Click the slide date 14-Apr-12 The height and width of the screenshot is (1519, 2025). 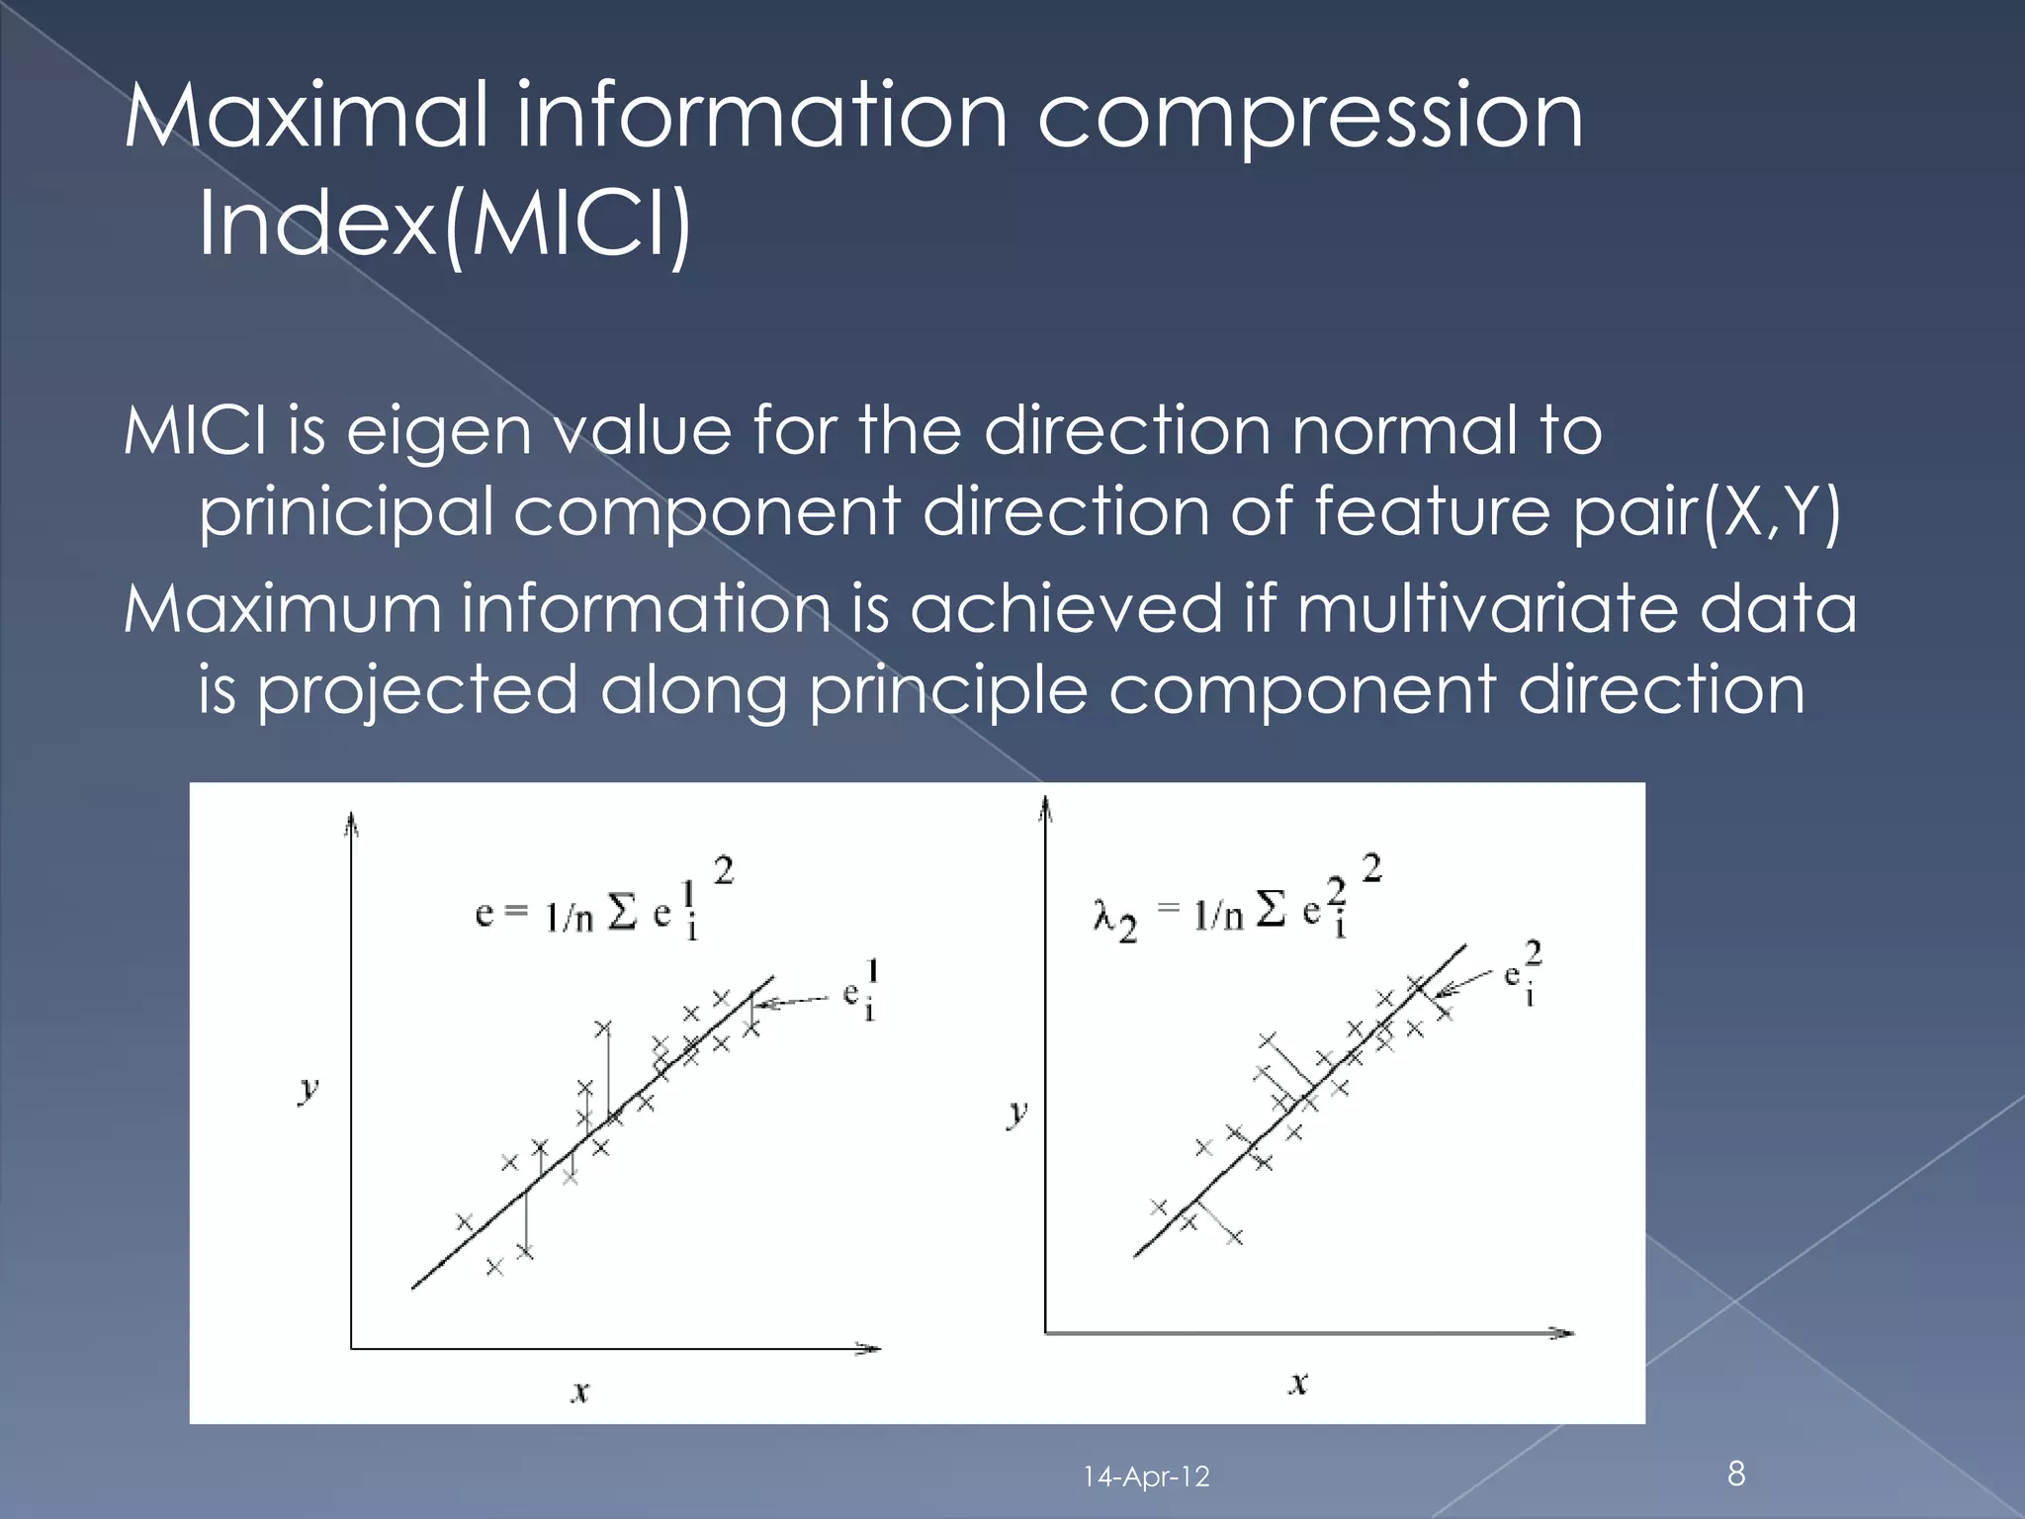(1146, 1477)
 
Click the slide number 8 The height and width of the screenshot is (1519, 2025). (1736, 1474)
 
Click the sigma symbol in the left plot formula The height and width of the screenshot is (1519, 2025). (622, 914)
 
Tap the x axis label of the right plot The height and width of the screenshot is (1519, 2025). (1299, 1383)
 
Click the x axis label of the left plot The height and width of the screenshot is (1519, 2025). (581, 1392)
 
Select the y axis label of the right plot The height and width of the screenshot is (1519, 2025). (1017, 1113)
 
